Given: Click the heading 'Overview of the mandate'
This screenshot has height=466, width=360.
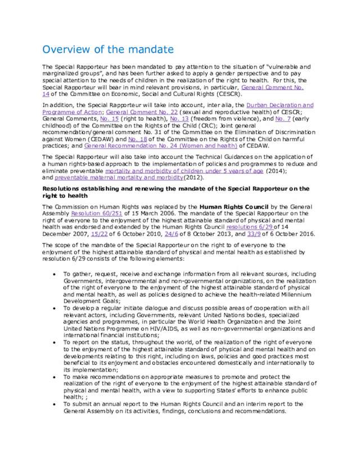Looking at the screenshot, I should point(108,50).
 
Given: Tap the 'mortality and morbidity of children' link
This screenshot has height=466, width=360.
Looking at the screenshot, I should point(183,171).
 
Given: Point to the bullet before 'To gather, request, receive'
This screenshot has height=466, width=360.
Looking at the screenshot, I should point(53,274).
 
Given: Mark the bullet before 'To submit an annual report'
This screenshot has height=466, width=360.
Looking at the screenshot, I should point(53,404).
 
